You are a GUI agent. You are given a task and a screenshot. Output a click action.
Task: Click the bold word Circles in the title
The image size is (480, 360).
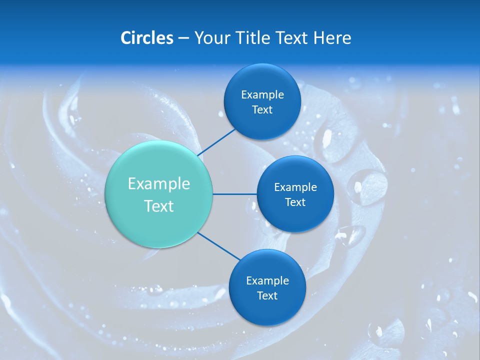(x=146, y=38)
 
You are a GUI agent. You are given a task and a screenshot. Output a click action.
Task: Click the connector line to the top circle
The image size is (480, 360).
(x=216, y=141)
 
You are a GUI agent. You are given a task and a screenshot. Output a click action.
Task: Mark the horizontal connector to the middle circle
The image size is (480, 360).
(x=235, y=194)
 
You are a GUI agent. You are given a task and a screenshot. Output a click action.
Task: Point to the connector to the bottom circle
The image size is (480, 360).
(x=218, y=246)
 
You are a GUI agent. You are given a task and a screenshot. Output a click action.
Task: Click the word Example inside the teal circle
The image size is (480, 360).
(x=159, y=184)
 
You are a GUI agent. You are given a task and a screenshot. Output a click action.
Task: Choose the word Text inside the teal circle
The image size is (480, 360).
(x=159, y=206)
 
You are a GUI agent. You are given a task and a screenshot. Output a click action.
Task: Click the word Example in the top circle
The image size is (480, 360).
(x=262, y=94)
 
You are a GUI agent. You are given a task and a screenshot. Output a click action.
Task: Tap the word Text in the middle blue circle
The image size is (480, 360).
(x=295, y=202)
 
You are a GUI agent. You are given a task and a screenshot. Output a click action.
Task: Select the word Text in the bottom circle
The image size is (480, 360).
(x=267, y=295)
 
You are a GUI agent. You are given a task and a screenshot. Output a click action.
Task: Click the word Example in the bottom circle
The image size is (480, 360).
(x=267, y=280)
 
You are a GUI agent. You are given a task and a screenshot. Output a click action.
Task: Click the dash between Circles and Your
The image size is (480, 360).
(x=183, y=38)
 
